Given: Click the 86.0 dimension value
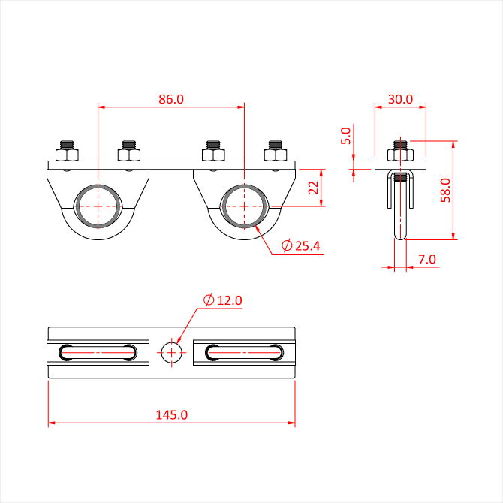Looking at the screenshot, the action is pos(171,99).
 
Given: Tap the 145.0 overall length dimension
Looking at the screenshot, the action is pos(172,414).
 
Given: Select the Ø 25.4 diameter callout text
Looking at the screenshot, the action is pos(300,245).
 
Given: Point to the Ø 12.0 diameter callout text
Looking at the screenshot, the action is pos(223,300).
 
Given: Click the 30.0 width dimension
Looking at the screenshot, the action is pos(400,99).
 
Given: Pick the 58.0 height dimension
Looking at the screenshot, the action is pos(445,190).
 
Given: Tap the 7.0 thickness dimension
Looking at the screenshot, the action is pos(427,259).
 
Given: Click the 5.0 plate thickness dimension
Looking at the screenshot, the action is pos(346,136).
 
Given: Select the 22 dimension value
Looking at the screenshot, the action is pos(313,188).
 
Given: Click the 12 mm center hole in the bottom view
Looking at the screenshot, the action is pos(172,353).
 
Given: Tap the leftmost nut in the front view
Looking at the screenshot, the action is pos(67,155).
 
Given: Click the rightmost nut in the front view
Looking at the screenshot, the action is pos(276,155).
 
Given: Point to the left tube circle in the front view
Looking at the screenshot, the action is pos(98,206).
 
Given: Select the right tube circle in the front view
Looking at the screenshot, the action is pos(245,206).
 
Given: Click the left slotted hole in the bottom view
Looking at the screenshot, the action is pos(98,353).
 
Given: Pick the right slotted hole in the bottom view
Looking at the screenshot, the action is pos(245,353).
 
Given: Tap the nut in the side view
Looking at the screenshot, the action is pos(400,155).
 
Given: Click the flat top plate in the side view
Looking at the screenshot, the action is pos(400,165).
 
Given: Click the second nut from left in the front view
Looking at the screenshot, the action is pos(129,155).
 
